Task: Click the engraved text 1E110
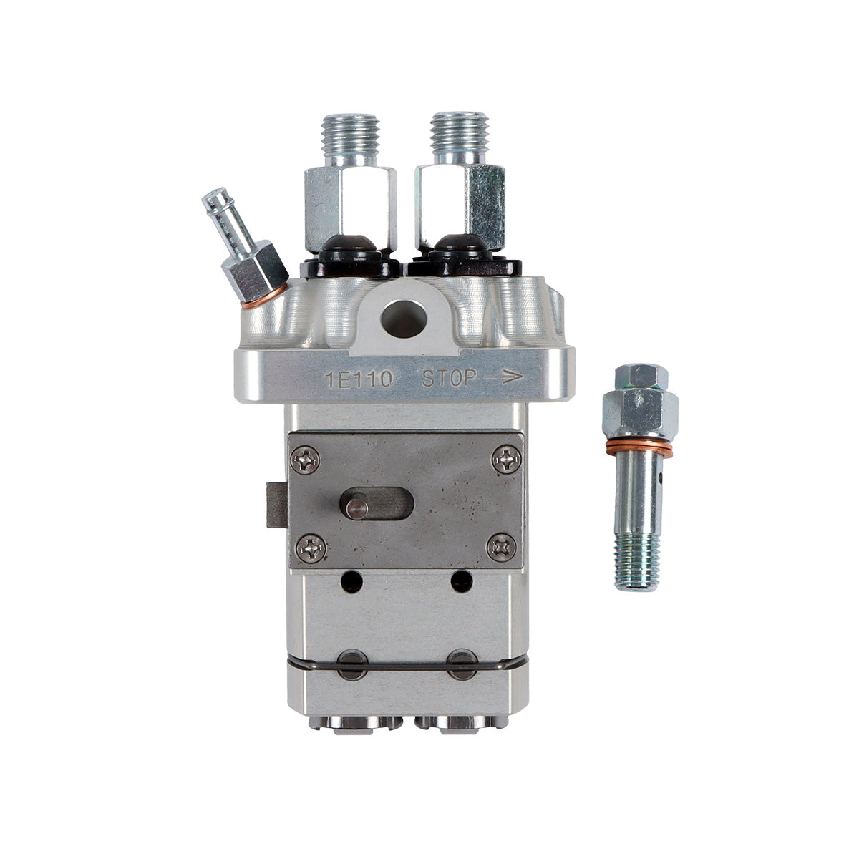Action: click(359, 379)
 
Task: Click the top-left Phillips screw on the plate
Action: click(309, 459)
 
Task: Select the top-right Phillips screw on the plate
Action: click(506, 459)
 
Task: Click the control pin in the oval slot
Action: click(354, 507)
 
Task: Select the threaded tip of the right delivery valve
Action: click(460, 137)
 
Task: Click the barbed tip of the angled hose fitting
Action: click(215, 205)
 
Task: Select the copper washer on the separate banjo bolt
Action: click(639, 449)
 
